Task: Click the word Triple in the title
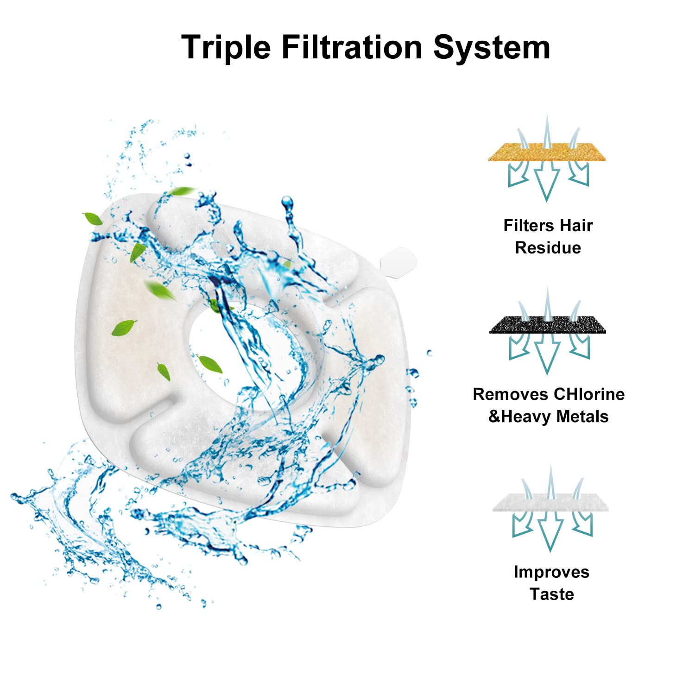click(226, 47)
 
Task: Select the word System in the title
click(492, 47)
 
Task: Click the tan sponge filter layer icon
click(547, 152)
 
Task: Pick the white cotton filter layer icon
click(550, 503)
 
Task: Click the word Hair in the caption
click(576, 226)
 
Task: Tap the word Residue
click(548, 248)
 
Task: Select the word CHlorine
click(589, 394)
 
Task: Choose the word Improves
click(551, 572)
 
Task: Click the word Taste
click(551, 594)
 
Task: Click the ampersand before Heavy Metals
click(494, 417)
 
